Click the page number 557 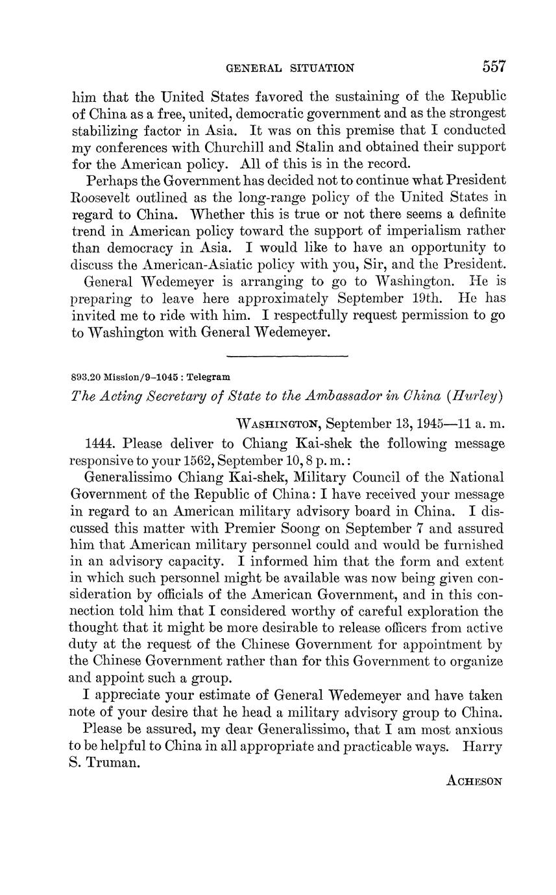pos(493,66)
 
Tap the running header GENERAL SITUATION pos(289,67)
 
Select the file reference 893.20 pos(86,377)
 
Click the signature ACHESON pos(474,781)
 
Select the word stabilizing pos(106,130)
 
